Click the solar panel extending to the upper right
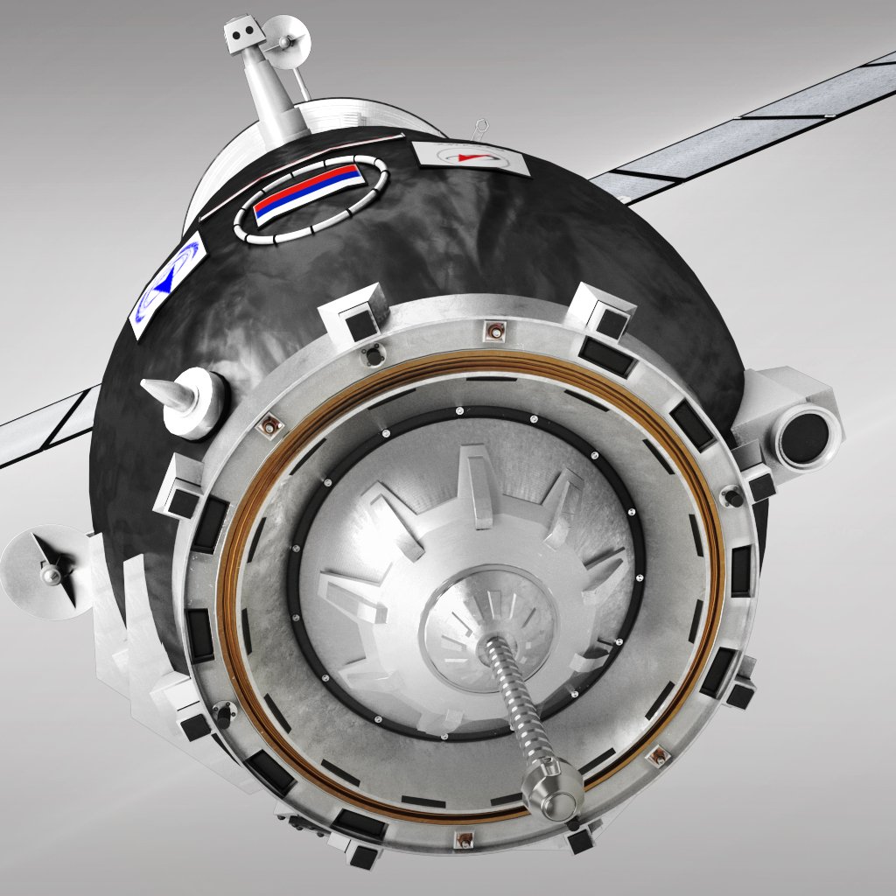(744, 122)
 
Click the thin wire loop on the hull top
(479, 128)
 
